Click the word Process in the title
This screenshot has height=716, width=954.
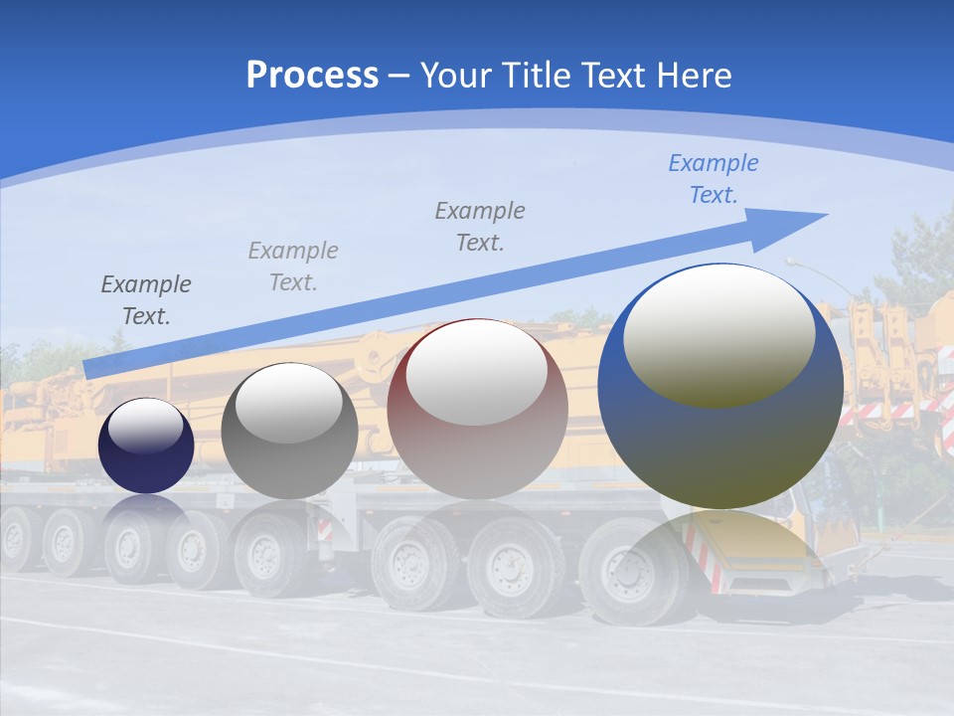312,76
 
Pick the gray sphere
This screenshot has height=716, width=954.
289,432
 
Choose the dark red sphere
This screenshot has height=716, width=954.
477,409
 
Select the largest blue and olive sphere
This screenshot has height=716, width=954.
720,387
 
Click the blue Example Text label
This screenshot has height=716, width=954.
713,179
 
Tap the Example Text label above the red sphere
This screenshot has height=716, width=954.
480,227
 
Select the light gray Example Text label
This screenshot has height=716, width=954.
293,267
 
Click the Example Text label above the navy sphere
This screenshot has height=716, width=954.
146,300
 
